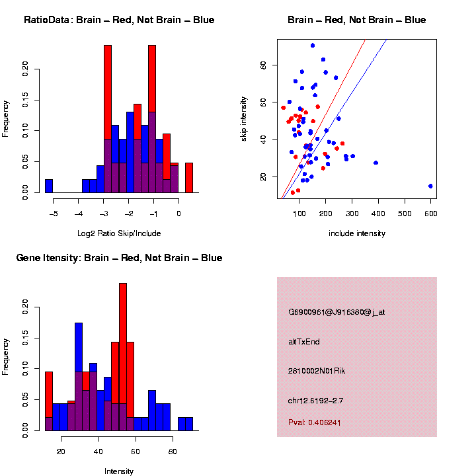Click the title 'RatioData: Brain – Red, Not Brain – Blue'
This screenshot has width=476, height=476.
point(119,20)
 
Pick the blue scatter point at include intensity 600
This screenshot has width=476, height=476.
point(430,186)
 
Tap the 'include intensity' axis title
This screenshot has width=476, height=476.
point(357,233)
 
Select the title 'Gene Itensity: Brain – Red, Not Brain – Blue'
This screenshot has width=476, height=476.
point(119,258)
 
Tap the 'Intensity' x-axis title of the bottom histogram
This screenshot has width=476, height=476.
point(119,471)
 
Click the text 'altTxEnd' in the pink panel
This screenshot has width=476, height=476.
point(304,342)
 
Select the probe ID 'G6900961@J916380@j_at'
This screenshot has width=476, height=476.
point(337,312)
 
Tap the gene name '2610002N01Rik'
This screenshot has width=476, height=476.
point(317,371)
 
